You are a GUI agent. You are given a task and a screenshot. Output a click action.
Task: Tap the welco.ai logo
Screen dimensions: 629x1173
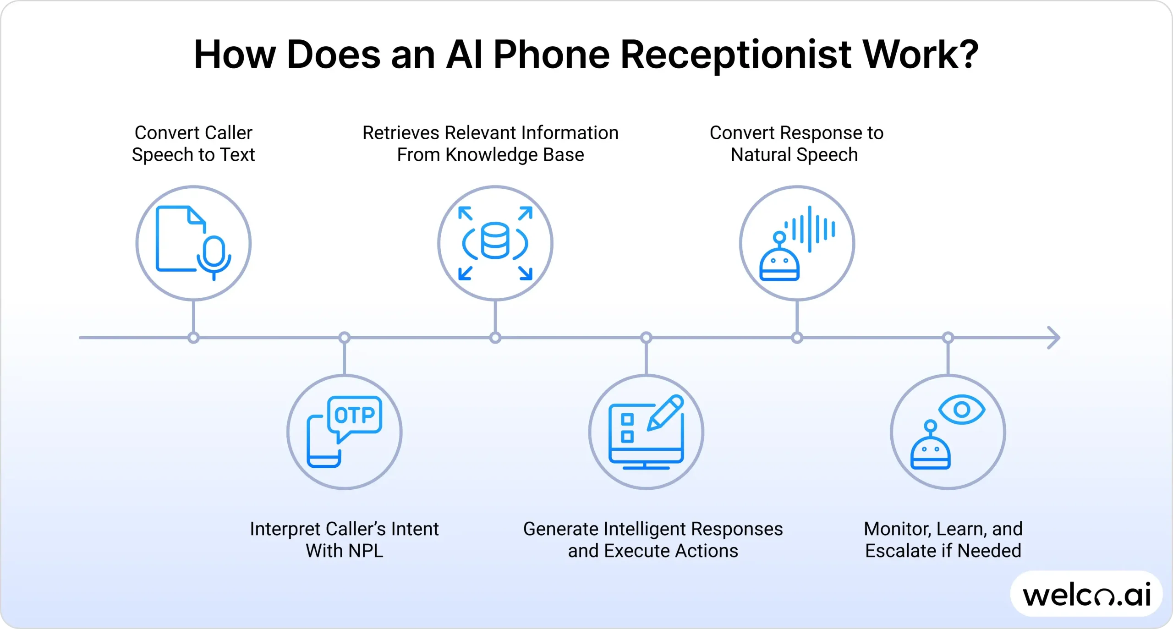tap(1086, 595)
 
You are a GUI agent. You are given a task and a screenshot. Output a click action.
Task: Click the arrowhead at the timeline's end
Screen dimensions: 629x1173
tap(1054, 338)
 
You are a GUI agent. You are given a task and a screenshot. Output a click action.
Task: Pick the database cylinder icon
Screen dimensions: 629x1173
tap(495, 241)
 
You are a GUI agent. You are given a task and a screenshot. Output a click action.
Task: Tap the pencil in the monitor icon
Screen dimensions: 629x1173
tap(665, 413)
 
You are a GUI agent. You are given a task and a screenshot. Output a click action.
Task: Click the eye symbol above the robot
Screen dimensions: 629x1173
tap(962, 409)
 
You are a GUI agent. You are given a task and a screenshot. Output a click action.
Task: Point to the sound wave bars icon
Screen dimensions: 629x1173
tap(810, 229)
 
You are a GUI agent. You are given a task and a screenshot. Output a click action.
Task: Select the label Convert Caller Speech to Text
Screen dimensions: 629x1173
tap(193, 144)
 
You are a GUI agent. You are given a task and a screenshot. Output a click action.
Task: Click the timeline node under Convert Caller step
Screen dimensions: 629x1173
tap(193, 338)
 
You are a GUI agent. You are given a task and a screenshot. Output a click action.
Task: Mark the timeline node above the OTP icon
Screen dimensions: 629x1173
tap(344, 338)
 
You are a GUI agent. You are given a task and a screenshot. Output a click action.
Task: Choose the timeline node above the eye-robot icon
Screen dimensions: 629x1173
tap(948, 338)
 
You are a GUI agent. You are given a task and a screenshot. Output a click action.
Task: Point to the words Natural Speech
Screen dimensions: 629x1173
tap(794, 155)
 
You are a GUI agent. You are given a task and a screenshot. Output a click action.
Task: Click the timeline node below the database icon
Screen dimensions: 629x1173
tap(495, 338)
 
